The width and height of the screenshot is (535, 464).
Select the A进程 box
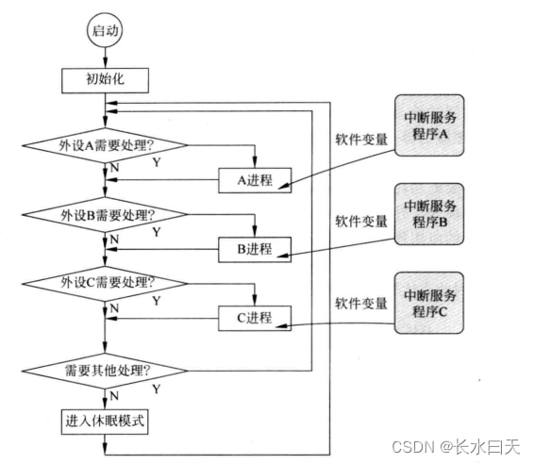(253, 180)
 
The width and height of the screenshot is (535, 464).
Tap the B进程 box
(253, 250)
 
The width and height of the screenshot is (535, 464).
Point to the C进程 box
(253, 318)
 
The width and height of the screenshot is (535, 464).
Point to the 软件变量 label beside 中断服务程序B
(360, 222)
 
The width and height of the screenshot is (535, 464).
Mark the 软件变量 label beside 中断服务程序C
(360, 304)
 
